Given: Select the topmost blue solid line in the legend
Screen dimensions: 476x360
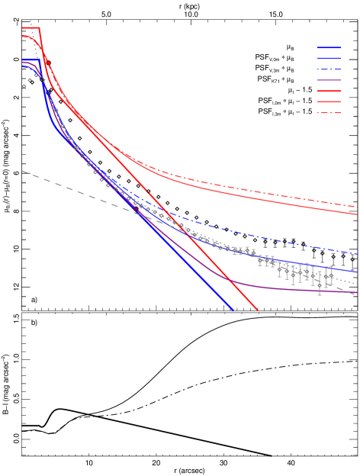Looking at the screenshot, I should pos(329,47).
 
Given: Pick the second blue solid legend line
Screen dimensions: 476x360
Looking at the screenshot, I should pos(329,58).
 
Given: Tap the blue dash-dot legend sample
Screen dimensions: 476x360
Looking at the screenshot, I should pos(329,69).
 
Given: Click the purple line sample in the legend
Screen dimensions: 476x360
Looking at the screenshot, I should pos(329,79).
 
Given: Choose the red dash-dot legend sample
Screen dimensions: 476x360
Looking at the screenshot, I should pos(329,112).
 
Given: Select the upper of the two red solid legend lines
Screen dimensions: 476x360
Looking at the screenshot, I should pos(329,91).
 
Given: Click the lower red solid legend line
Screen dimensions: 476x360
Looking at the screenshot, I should pos(329,101).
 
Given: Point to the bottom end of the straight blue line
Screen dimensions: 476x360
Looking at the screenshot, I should pos(233,310).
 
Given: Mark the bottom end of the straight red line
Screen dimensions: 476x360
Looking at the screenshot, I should pos(259,311).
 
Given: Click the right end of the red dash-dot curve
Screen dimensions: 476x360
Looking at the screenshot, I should pos(358,207).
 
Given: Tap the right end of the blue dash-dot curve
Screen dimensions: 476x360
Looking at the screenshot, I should pos(358,253).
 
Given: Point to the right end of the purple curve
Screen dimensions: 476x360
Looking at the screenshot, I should pos(358,292).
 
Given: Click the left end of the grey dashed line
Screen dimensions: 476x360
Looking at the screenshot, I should pos(23,171).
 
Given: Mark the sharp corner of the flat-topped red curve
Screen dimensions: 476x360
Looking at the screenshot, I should pos(39,28).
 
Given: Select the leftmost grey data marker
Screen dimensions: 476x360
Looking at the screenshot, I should pos(24,85).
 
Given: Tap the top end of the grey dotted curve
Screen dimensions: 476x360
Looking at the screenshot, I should pos(31,20).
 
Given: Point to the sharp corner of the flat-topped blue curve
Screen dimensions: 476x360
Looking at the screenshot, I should pos(36,60).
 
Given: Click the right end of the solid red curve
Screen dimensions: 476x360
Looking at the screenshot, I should pos(358,214).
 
